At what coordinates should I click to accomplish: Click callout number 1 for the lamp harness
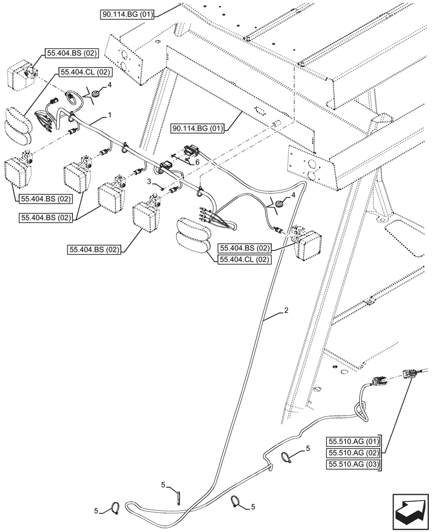109,115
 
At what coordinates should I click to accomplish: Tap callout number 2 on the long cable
286,310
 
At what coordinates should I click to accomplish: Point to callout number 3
148,182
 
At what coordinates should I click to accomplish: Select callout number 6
197,162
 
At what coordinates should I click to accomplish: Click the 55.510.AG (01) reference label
353,442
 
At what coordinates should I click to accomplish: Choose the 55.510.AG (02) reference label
353,453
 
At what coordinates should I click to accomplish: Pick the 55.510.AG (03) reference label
353,464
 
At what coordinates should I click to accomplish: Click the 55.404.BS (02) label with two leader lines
46,218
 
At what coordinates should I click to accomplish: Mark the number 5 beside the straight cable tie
163,486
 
